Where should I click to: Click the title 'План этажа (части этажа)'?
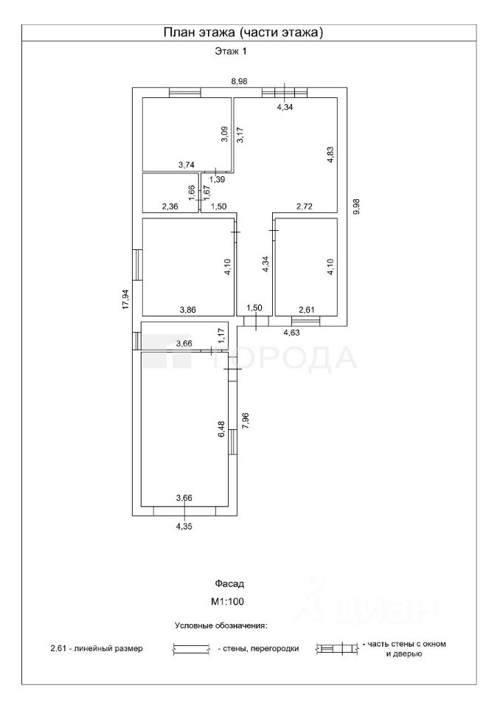[243, 32]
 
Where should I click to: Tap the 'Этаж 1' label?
[231, 52]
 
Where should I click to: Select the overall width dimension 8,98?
[238, 81]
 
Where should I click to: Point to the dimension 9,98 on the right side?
[357, 206]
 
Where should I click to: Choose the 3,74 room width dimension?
[187, 165]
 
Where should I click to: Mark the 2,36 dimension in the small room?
[170, 207]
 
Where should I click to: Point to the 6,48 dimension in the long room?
[221, 429]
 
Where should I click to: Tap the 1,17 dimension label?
[221, 334]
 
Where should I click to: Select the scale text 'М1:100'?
[227, 602]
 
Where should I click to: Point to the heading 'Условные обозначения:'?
[221, 625]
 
